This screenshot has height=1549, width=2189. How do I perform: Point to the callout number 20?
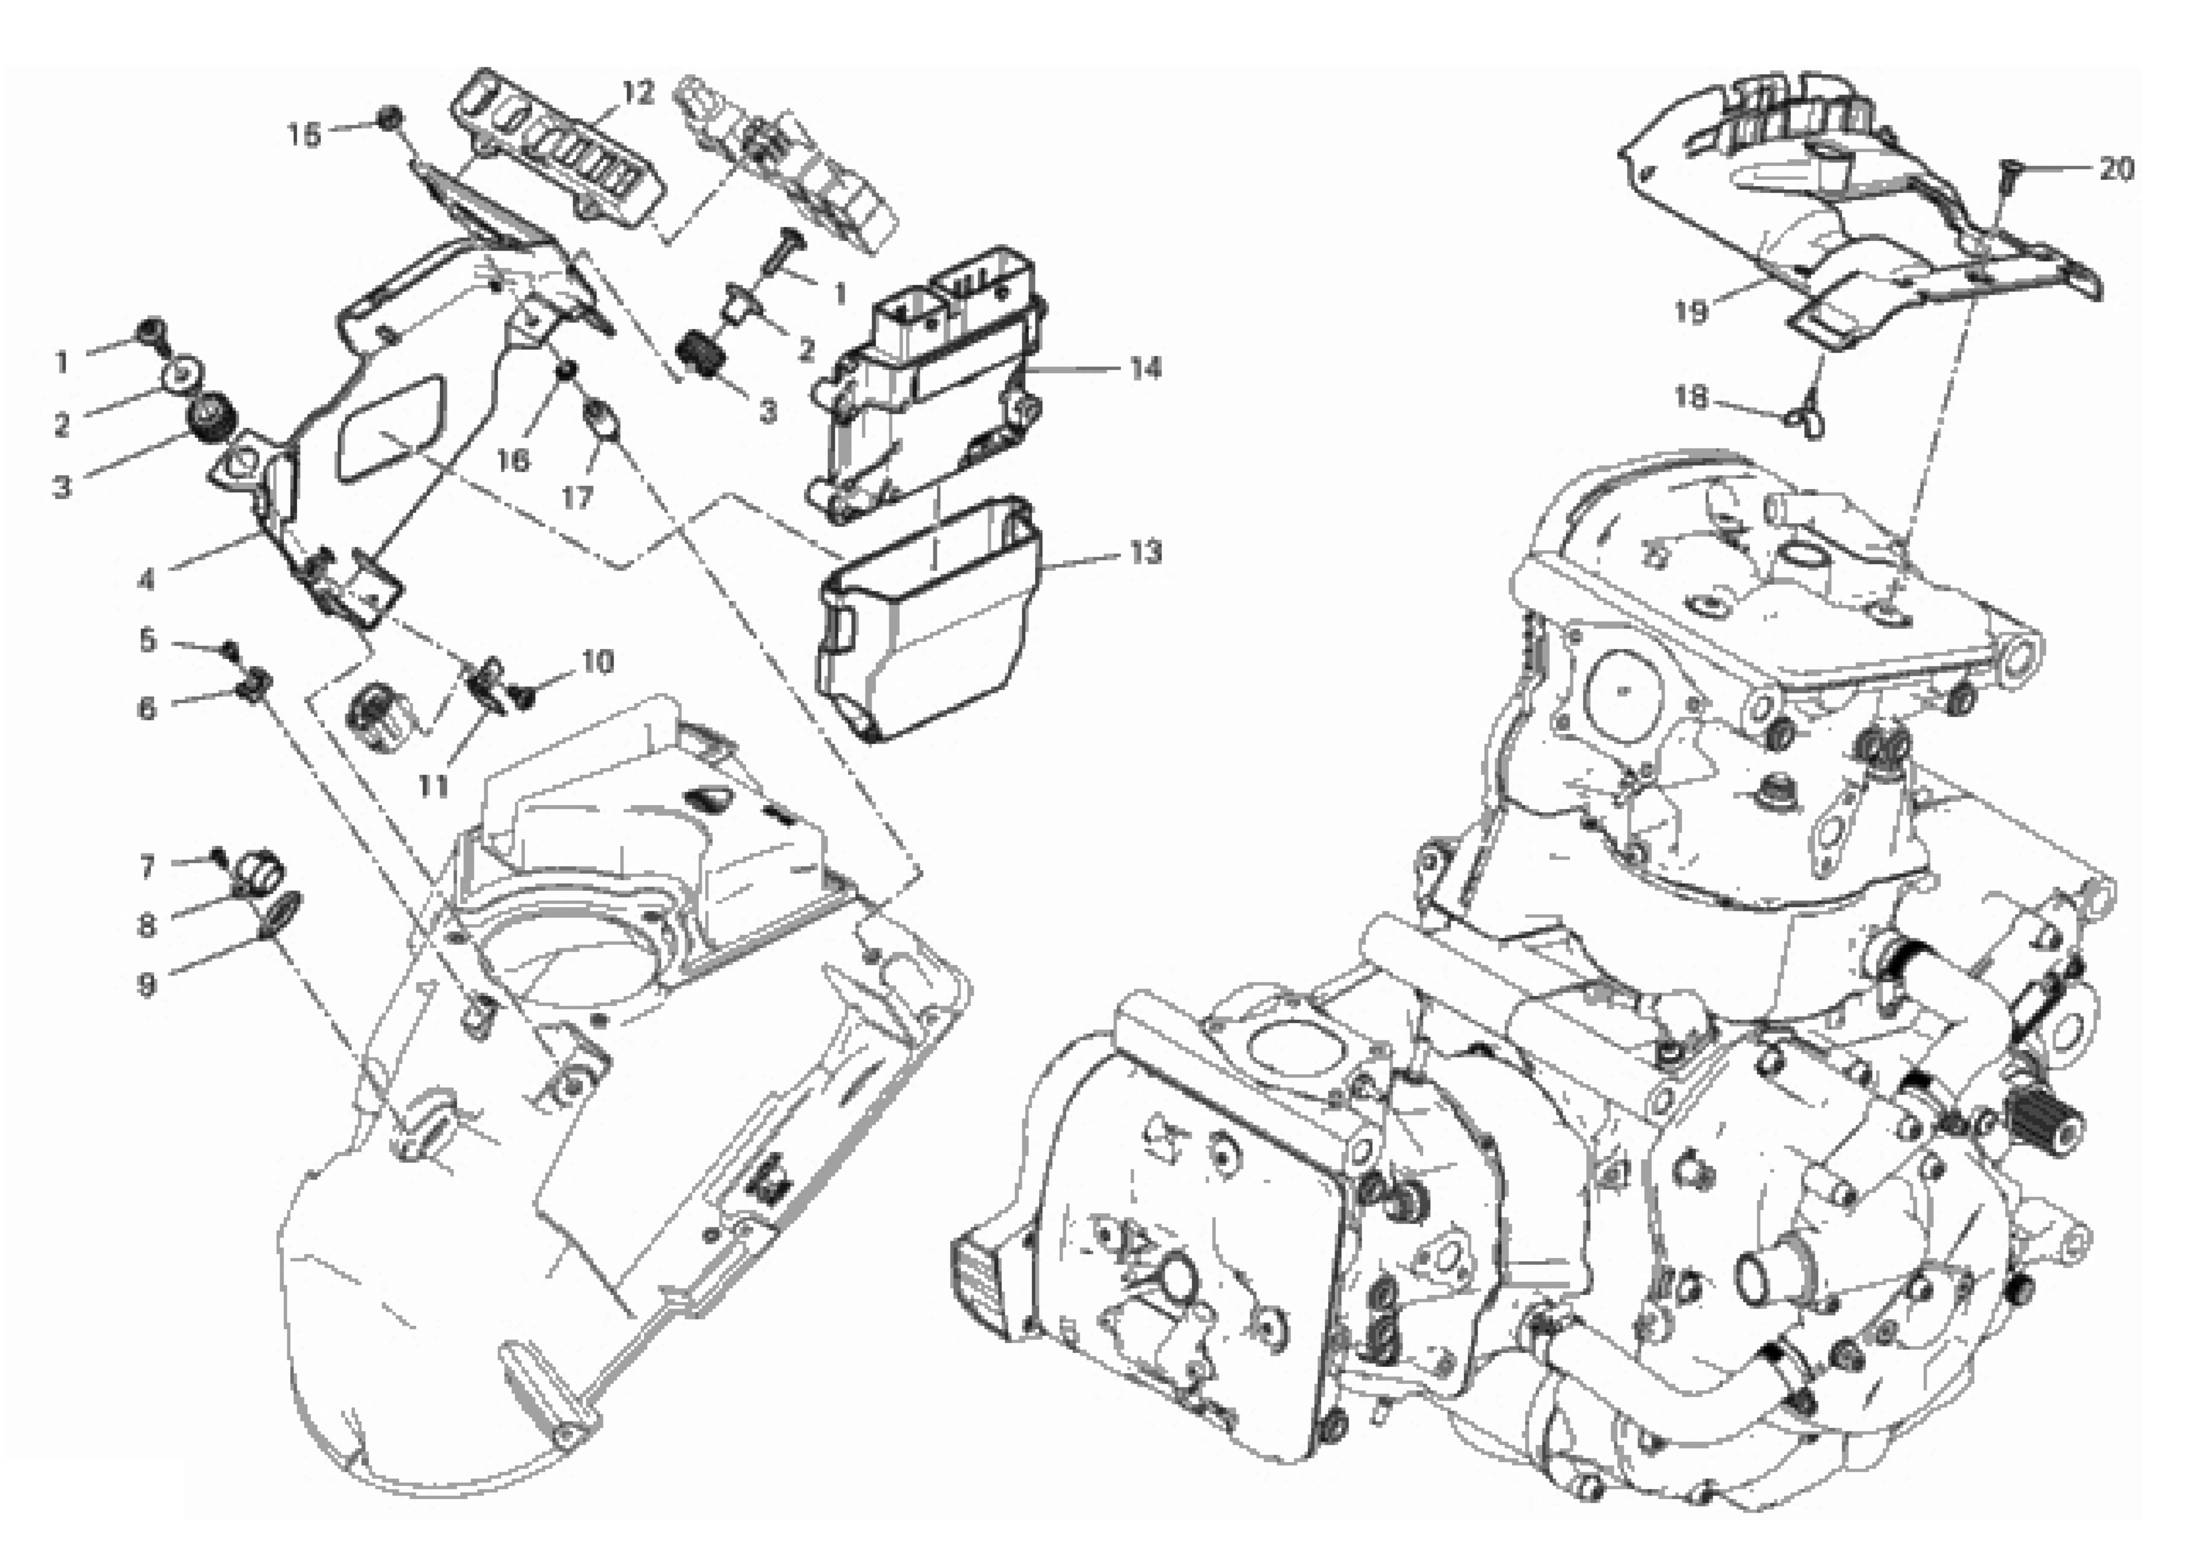(2116, 169)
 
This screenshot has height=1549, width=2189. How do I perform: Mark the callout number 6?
(146, 709)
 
